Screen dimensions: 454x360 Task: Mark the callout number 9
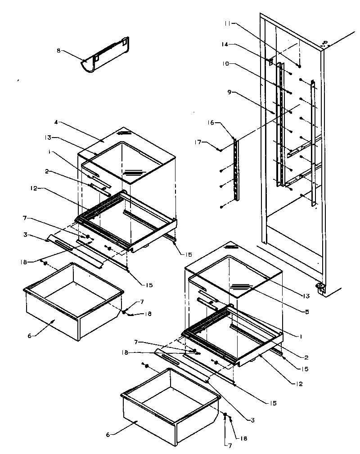tap(229, 92)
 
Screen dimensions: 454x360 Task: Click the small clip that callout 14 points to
tap(270, 62)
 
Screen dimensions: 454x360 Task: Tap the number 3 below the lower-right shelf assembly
tap(253, 420)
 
